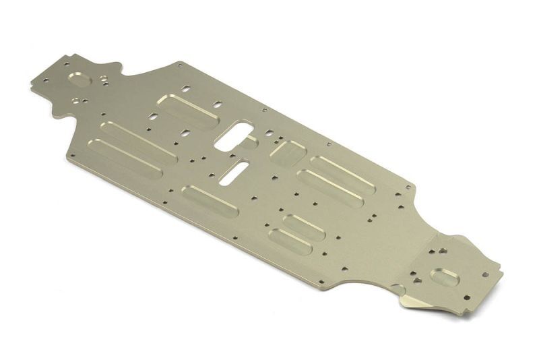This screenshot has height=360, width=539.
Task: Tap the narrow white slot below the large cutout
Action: point(231,171)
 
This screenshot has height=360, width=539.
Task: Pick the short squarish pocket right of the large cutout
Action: point(288,153)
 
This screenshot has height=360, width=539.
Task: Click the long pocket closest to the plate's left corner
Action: point(126,158)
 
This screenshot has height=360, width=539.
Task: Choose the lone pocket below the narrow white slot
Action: point(210,201)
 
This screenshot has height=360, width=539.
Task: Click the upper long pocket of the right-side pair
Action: point(342,175)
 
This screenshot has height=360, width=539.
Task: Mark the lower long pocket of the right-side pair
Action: point(329,189)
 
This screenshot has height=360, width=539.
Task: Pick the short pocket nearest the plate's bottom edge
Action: point(290,242)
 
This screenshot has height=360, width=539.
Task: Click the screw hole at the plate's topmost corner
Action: point(180,66)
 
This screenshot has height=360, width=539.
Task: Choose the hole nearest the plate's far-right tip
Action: point(484,274)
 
